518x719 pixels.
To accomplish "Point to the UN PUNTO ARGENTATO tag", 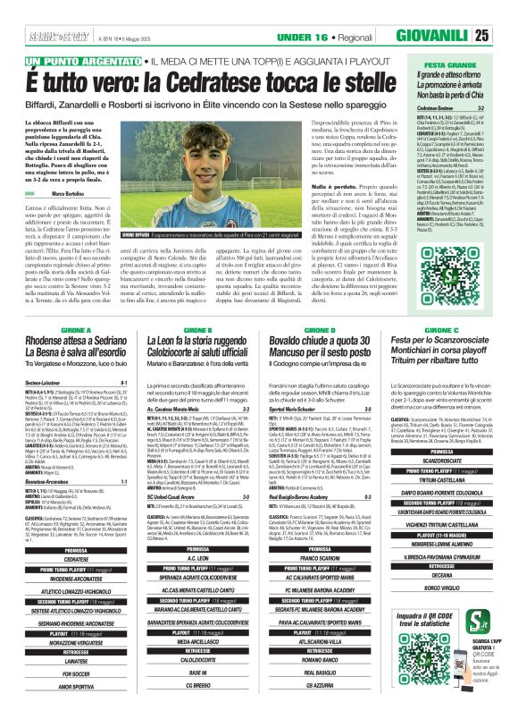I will (x=79, y=61).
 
